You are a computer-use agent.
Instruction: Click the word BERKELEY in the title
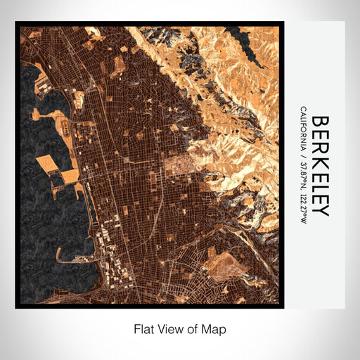point(319,165)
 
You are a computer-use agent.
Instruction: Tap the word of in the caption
point(195,328)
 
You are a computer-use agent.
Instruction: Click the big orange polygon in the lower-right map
point(224,266)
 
